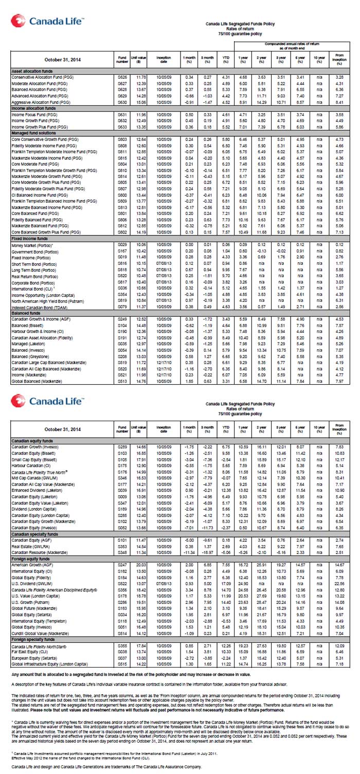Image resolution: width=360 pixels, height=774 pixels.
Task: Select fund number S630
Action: pos(122,102)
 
